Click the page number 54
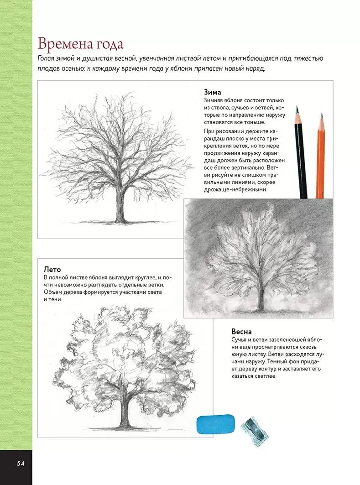[x=20, y=464]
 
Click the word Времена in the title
[x=66, y=45]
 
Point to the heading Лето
[x=52, y=269]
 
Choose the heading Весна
[x=241, y=332]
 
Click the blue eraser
[x=216, y=424]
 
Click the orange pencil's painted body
[x=321, y=164]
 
